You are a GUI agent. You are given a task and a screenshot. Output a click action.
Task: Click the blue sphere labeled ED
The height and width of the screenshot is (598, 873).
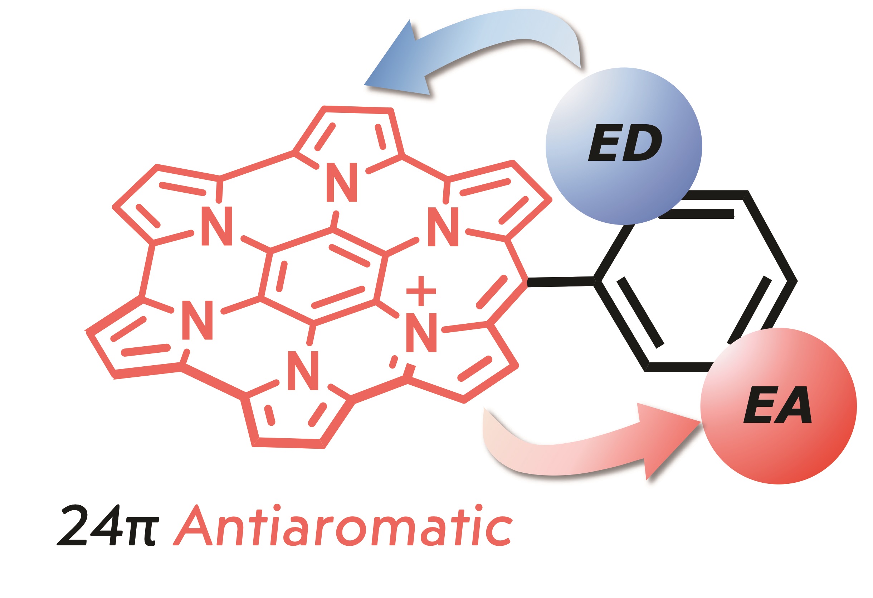click(x=624, y=146)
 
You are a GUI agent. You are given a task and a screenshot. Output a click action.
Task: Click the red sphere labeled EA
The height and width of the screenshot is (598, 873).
click(x=778, y=406)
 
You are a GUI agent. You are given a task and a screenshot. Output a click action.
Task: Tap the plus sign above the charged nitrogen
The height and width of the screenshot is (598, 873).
click(x=421, y=291)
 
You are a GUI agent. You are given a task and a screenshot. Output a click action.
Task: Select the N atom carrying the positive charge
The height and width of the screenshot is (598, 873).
click(x=421, y=332)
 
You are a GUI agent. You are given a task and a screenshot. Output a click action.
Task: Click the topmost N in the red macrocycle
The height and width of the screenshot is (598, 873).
click(x=341, y=182)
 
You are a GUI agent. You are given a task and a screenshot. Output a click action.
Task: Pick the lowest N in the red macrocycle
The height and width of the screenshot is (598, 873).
click(x=303, y=371)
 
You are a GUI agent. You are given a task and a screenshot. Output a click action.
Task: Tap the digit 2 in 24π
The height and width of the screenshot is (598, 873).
click(x=73, y=525)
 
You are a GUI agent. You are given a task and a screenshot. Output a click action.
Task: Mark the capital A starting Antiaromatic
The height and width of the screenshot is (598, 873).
click(x=193, y=525)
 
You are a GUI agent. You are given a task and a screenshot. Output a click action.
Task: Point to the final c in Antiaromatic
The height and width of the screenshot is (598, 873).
click(x=499, y=531)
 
